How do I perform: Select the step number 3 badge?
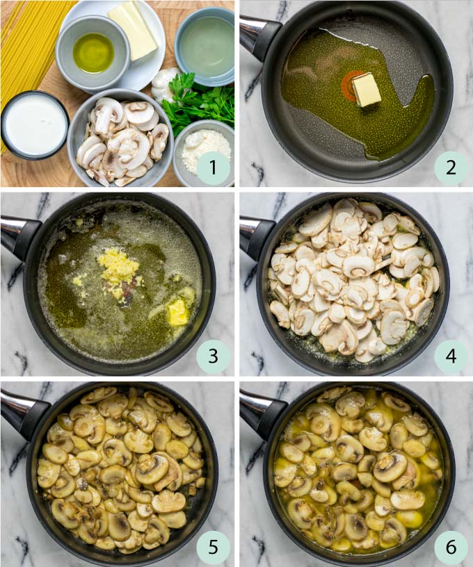coord(213,357)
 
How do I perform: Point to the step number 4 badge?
coord(451,357)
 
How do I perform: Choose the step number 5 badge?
coord(213,547)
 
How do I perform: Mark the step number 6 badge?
coord(451,547)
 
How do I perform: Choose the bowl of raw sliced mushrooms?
coord(122,139)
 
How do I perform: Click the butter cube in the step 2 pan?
coord(367,90)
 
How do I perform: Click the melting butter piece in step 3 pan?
coord(178,312)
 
